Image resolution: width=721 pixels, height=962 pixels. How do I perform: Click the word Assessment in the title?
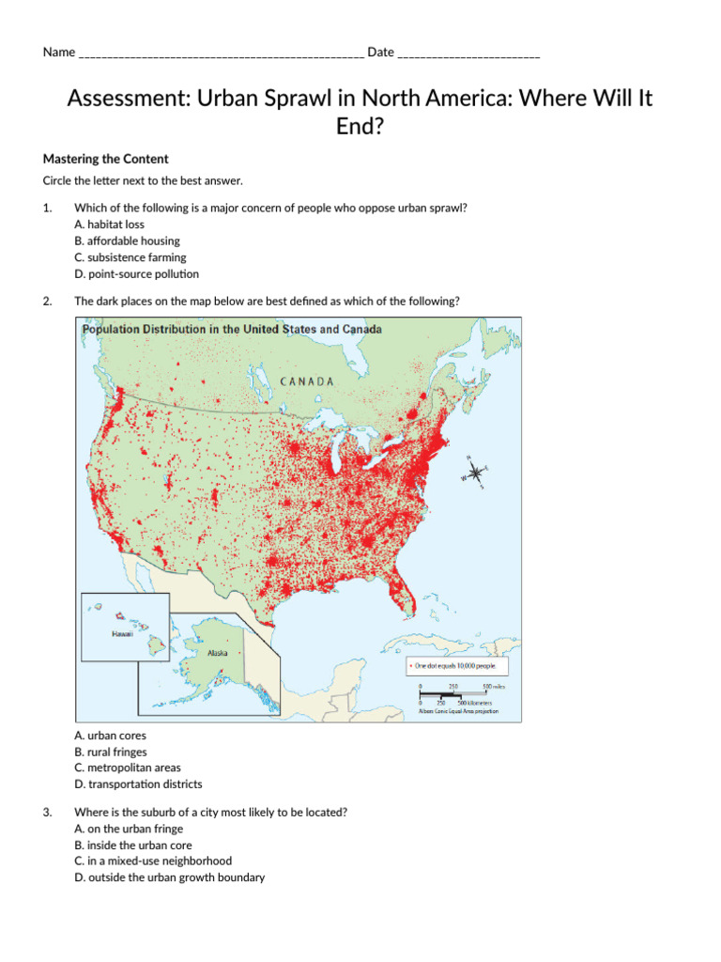[127, 99]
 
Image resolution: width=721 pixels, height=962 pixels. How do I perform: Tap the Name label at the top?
[58, 53]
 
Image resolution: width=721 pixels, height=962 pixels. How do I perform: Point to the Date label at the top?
[380, 53]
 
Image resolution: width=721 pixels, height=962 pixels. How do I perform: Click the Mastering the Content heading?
[106, 159]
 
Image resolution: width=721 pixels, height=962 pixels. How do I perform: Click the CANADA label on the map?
[307, 381]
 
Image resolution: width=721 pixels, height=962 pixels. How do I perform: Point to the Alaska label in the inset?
[217, 652]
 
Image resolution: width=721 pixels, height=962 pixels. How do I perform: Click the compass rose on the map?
[476, 472]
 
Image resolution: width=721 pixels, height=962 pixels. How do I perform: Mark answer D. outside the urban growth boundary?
[169, 877]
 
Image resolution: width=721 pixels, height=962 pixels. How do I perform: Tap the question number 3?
[47, 813]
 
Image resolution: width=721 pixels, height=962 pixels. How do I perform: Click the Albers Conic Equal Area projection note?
[458, 711]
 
